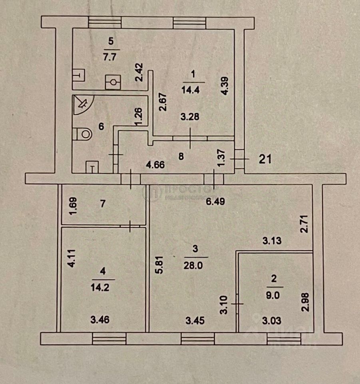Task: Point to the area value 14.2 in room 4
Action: pos(104,283)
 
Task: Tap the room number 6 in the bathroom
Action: pos(101,127)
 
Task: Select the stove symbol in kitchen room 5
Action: pos(113,82)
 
